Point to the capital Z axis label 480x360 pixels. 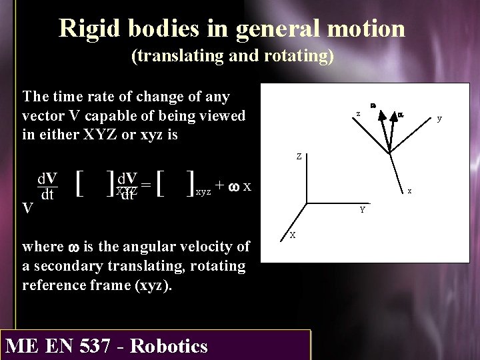tap(299, 157)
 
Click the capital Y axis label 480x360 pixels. tap(361, 210)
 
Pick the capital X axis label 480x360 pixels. tap(293, 235)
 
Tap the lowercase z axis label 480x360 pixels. tap(358, 114)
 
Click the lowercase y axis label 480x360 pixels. tap(439, 119)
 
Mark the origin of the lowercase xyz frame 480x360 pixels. tap(389, 152)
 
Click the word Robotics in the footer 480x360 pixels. tap(170, 346)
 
